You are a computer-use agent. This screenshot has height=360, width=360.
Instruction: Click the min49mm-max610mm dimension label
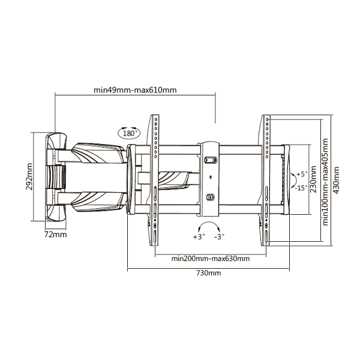coord(135,90)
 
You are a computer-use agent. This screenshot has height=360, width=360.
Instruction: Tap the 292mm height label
coord(29,176)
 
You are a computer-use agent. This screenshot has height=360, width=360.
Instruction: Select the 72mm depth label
coord(55,235)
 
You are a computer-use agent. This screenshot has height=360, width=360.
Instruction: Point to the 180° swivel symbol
coord(129,133)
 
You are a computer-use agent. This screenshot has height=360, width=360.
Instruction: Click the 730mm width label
coord(208,273)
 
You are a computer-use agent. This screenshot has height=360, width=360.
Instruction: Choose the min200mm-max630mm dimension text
coord(211,259)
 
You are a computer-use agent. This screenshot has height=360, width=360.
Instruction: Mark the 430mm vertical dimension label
coord(336,180)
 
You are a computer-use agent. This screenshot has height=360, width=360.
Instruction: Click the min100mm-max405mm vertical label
coord(325,182)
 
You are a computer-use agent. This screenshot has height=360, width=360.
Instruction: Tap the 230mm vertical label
coord(313,179)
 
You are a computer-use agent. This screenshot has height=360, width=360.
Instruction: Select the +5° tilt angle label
coord(302,174)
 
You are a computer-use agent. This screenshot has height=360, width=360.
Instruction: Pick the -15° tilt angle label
coord(301,188)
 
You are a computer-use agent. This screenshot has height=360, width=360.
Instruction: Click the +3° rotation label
coord(199,236)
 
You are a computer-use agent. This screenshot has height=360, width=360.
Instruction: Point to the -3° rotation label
coord(220,236)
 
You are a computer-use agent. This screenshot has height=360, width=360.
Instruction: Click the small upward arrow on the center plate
coord(211,177)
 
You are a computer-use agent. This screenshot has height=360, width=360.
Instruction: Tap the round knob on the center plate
coord(211,197)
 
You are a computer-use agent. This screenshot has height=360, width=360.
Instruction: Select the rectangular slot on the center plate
coord(211,160)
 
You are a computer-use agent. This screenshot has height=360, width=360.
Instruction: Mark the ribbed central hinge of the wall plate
coord(55,177)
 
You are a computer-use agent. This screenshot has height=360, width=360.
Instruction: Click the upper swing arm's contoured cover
coord(99,153)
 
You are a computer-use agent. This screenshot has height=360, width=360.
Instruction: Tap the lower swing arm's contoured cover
coord(99,201)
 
